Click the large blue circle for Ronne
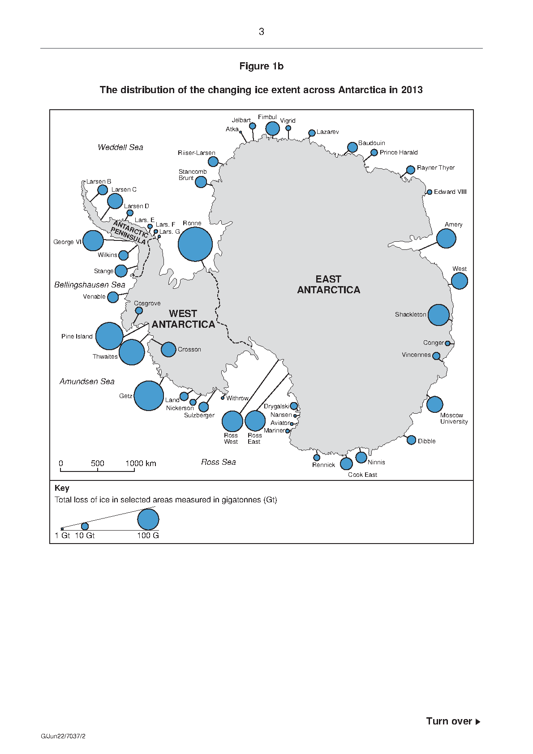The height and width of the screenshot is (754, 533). [195, 244]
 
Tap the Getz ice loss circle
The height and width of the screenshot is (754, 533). [149, 395]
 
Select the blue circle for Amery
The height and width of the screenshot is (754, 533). [446, 238]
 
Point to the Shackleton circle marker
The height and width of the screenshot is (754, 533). [438, 315]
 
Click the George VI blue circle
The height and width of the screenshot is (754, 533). [93, 241]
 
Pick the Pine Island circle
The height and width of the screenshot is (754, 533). [109, 336]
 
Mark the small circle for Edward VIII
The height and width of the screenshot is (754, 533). [430, 192]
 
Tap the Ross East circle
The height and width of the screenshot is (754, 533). [255, 421]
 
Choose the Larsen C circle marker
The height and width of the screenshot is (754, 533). [115, 201]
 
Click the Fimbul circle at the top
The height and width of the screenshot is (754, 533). [272, 128]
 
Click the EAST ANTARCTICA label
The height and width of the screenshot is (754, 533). [328, 284]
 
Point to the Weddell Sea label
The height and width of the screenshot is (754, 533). [120, 147]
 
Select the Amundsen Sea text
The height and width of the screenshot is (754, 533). [87, 381]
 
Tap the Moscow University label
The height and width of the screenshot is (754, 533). [454, 418]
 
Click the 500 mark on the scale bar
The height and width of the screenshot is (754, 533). [97, 463]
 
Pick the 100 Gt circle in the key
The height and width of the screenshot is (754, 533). [148, 519]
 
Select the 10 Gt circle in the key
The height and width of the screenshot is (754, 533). [85, 526]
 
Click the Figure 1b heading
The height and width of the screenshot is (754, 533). [261, 66]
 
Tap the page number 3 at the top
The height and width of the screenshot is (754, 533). [261, 32]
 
